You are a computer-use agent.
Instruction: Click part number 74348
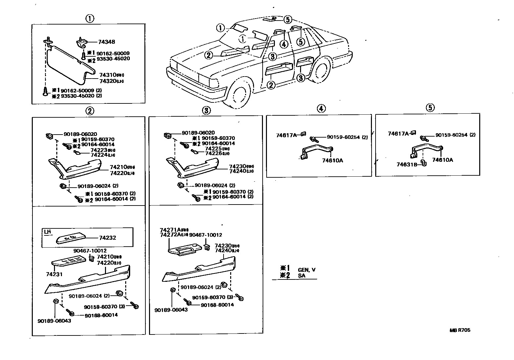pos(107,42)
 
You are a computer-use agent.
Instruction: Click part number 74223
pos(99,150)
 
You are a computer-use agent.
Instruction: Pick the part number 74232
pos(108,238)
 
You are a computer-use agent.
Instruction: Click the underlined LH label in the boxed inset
pos(48,232)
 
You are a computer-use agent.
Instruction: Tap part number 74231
pos(55,274)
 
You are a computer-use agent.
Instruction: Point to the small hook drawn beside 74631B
pos(423,163)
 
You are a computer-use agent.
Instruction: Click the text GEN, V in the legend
pos(306,270)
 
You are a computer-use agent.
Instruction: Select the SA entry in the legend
pos(301,275)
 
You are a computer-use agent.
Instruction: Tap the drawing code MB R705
pos(460,330)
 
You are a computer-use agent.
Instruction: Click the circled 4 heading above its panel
pos(321,108)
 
